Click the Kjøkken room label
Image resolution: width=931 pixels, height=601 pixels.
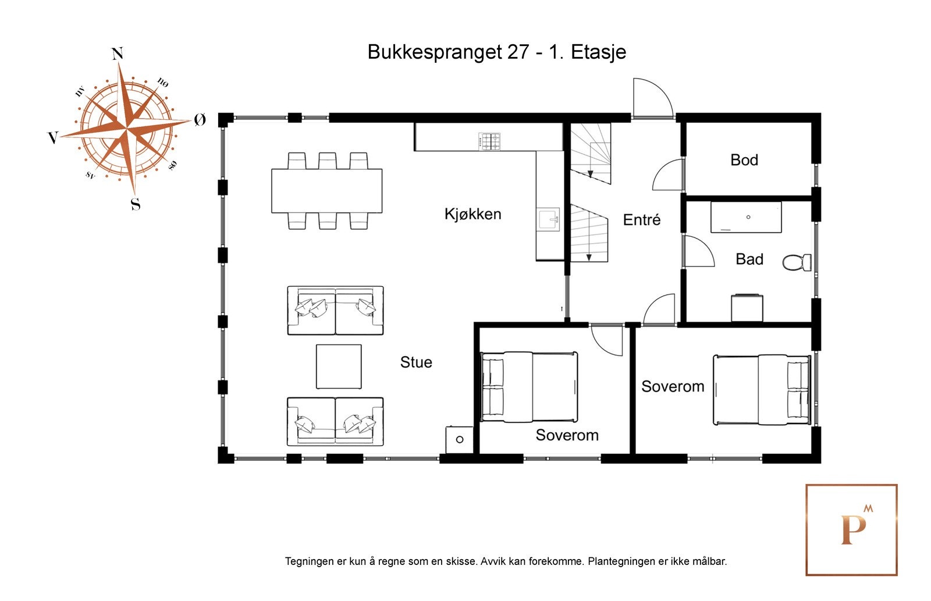pos(472,214)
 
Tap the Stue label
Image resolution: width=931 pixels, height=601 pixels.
pos(416,362)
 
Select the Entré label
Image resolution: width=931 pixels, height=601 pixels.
pos(641,220)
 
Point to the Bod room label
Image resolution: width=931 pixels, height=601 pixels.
pos(744,160)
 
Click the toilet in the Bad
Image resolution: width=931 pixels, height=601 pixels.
pos(797,262)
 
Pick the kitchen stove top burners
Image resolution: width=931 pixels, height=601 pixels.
pos(489,141)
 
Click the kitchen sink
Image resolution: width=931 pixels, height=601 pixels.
pos(548,219)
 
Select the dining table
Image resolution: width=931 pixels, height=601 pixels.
pos(326,191)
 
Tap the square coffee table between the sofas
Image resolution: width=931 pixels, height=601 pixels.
pos(339,367)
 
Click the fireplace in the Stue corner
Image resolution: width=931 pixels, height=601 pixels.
pos(459,439)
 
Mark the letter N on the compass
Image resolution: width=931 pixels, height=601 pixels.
pos(117,54)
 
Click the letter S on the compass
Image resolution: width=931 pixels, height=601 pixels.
pos(135,204)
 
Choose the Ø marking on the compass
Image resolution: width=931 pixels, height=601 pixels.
pos(200,120)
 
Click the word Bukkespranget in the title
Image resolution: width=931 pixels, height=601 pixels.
pos(435,52)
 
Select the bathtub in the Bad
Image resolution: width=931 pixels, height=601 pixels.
pos(745,217)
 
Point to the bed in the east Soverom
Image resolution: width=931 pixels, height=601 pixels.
pos(761,389)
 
